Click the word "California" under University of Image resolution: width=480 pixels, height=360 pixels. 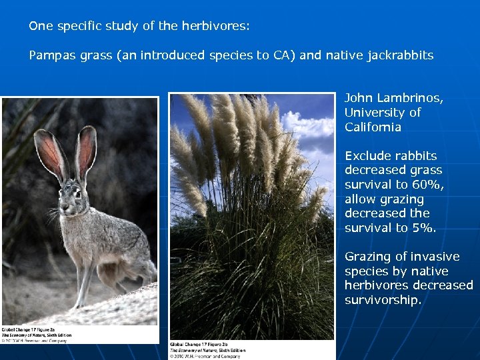pos(373,127)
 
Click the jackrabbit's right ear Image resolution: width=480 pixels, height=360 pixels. pos(85,150)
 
